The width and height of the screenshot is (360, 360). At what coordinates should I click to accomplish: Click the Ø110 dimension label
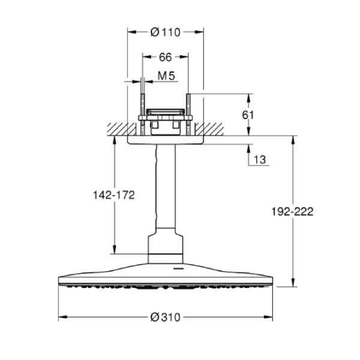[x=166, y=32]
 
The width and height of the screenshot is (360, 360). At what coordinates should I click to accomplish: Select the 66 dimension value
[x=166, y=57]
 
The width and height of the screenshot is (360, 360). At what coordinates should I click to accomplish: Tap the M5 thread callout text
[x=166, y=76]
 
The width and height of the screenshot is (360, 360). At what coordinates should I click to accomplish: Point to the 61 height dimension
[x=248, y=115]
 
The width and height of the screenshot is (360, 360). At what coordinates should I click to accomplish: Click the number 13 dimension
[x=260, y=160]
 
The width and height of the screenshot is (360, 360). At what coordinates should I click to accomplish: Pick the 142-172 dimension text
[x=114, y=195]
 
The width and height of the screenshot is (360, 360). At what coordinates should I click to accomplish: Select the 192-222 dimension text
[x=292, y=211]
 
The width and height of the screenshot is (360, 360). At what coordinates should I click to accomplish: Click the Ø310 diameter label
[x=166, y=317]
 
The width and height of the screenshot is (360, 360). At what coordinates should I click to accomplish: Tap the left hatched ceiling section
[x=122, y=129]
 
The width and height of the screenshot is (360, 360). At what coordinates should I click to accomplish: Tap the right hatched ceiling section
[x=209, y=129]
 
